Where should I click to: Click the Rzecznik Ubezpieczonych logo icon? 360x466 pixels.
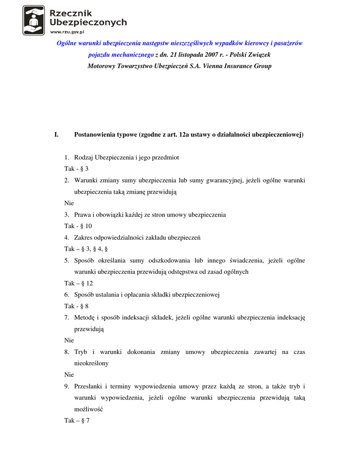(34, 20)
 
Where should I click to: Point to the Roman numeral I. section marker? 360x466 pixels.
(56, 135)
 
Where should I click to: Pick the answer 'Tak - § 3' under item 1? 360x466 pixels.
(76, 169)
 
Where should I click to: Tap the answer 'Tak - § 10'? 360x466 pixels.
(78, 226)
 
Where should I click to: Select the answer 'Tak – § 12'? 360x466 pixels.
(78, 283)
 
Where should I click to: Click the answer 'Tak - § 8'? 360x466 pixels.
(76, 306)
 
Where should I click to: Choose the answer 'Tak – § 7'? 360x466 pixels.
(76, 420)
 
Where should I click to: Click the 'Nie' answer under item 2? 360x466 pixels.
(69, 203)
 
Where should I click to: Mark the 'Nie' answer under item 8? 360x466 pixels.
(69, 375)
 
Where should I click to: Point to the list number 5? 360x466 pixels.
(66, 260)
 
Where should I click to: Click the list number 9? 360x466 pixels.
(66, 386)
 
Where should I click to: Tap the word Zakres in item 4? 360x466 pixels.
(84, 238)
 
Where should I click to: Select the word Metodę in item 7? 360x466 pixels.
(85, 318)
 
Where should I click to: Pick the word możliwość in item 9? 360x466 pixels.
(89, 409)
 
